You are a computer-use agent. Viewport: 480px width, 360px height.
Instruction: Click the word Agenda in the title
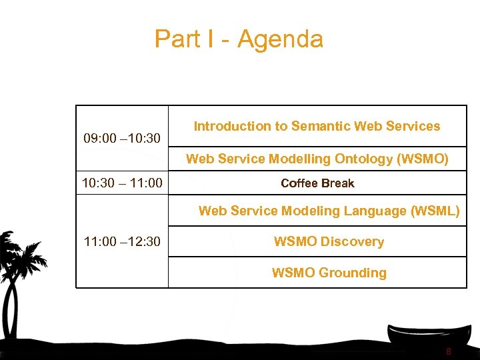click(280, 39)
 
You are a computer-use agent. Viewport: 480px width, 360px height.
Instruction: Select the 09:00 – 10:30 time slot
click(122, 139)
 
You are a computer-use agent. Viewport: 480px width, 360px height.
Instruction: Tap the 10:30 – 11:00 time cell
click(122, 183)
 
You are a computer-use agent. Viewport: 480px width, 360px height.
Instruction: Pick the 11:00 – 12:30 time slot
click(122, 241)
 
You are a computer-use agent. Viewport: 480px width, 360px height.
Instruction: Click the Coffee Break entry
click(317, 183)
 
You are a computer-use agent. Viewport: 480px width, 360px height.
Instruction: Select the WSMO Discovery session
click(329, 241)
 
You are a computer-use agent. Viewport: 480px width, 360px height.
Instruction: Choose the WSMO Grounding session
click(329, 273)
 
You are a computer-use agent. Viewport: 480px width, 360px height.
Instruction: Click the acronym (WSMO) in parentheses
click(423, 159)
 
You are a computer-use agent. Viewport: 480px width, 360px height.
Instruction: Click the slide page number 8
click(449, 351)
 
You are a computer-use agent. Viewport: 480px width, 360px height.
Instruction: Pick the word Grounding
click(353, 273)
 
